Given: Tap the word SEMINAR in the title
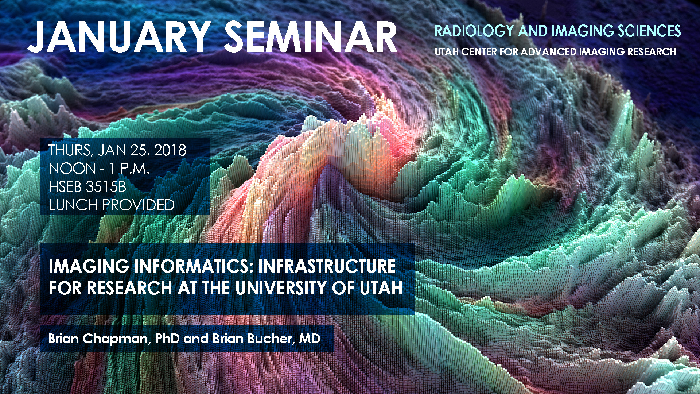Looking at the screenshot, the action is coord(311,37).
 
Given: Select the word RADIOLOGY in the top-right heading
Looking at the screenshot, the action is coord(474,31).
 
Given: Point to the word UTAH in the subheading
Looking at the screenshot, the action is coord(447,52).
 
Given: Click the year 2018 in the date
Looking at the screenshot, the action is coord(170,150).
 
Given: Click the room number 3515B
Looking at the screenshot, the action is coord(106,187).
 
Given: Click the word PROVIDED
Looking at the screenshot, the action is coord(138,205).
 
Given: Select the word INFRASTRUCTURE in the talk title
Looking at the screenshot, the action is coord(327,266).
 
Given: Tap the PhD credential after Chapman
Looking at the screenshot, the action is coord(168,339).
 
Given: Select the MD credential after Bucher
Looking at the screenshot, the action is coord(310,339).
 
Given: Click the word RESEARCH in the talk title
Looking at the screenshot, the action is coord(129,288).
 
